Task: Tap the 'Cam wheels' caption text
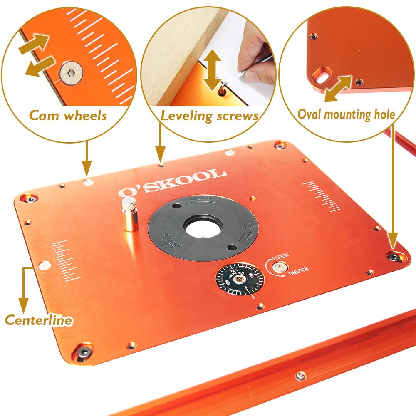[x=68, y=115]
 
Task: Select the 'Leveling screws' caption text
[x=210, y=116]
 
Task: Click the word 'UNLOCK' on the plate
[x=298, y=270]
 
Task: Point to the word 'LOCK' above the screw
[x=282, y=256]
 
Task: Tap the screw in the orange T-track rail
[x=300, y=376]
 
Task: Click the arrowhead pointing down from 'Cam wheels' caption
[x=87, y=172]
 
